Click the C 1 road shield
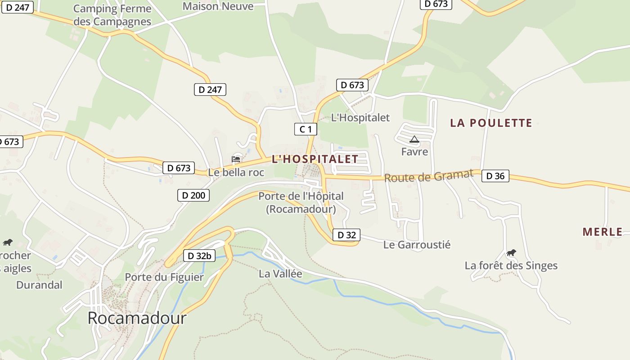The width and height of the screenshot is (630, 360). pos(306,130)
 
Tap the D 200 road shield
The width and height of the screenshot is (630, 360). pos(193,195)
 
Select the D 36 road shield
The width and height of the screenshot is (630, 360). pos(495,176)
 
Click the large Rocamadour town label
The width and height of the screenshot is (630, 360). pos(137,318)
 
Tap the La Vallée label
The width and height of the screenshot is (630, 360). pos(280,274)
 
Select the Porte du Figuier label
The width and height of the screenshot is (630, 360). pos(164,277)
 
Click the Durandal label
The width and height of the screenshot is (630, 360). pos(39,285)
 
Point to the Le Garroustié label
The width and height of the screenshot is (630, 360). pos(417,245)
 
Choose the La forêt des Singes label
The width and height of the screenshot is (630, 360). pos(511,265)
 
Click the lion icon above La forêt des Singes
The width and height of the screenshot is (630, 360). pos(511,253)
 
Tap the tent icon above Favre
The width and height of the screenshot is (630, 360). pos(414,139)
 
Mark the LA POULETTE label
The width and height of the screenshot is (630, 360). pos(491,123)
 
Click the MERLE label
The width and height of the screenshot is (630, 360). pos(603,232)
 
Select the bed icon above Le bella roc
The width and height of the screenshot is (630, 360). pos(236,159)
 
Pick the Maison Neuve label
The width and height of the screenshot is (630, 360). pos(218,6)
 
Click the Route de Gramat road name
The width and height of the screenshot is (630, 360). pos(429,176)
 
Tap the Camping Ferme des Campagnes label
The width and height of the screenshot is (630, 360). pos(112,15)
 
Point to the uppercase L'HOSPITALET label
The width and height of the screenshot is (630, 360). pos(315,159)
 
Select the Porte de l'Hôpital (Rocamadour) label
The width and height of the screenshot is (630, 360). pos(301,202)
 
